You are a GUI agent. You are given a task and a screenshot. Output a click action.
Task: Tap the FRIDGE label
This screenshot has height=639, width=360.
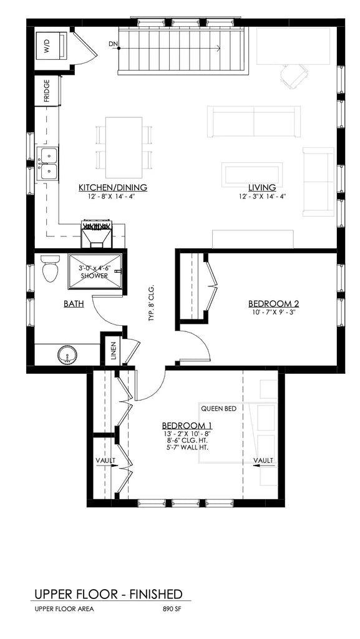(47, 91)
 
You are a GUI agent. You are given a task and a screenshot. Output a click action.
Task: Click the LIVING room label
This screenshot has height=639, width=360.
(261, 187)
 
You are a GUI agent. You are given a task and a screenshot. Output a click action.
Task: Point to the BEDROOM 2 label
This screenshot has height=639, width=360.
(274, 304)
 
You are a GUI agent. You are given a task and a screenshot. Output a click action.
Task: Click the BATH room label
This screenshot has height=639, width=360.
(74, 304)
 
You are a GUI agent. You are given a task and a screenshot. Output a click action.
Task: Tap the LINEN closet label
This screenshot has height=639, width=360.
(113, 351)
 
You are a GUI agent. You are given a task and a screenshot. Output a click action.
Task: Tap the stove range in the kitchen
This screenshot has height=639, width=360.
(96, 234)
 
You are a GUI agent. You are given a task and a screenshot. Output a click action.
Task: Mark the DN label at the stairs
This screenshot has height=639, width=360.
(113, 44)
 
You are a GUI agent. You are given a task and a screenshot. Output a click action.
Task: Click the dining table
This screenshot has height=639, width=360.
(123, 147)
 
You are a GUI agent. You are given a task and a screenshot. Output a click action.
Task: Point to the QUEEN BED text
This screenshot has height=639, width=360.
(218, 409)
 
